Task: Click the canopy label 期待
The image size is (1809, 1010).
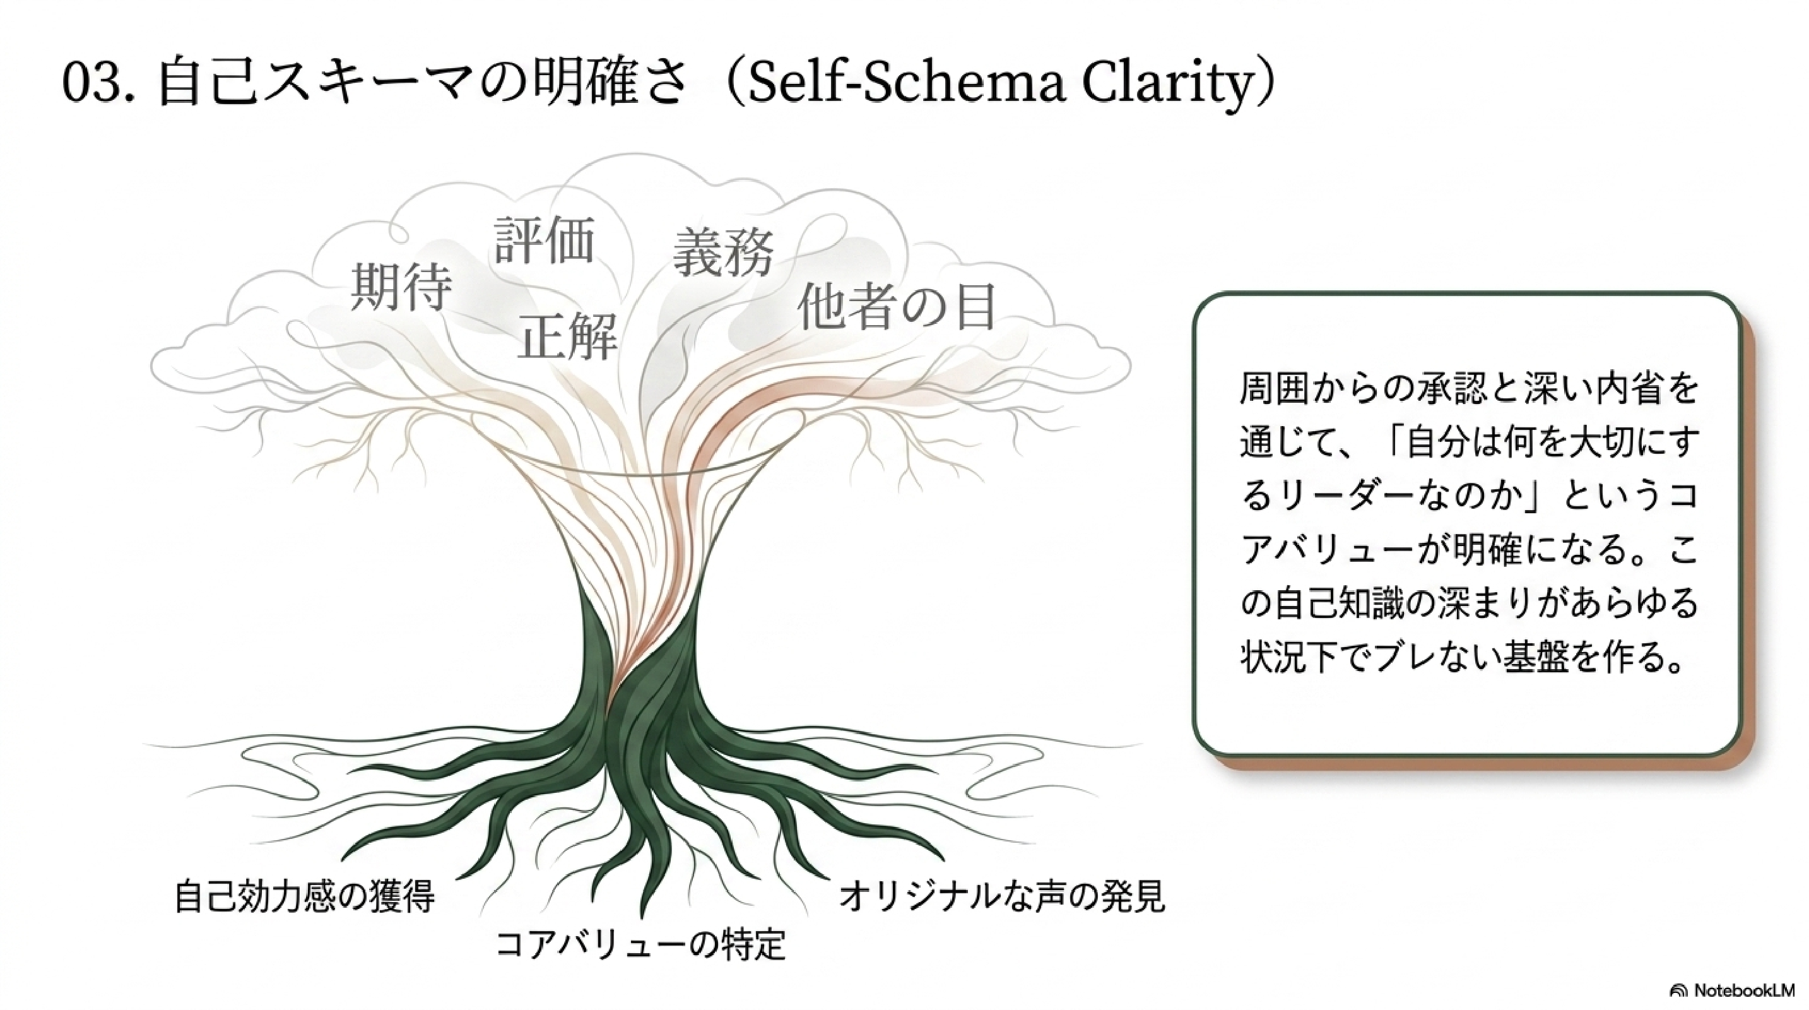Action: pos(400,287)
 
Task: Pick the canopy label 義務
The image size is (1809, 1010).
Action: pos(723,251)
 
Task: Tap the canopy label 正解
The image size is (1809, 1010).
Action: pos(567,335)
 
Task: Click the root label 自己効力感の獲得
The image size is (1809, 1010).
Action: pos(304,896)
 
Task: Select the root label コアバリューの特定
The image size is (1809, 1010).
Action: pos(640,943)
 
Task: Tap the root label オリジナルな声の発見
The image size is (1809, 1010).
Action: pos(1002,896)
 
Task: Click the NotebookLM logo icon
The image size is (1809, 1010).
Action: pos(1679,990)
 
